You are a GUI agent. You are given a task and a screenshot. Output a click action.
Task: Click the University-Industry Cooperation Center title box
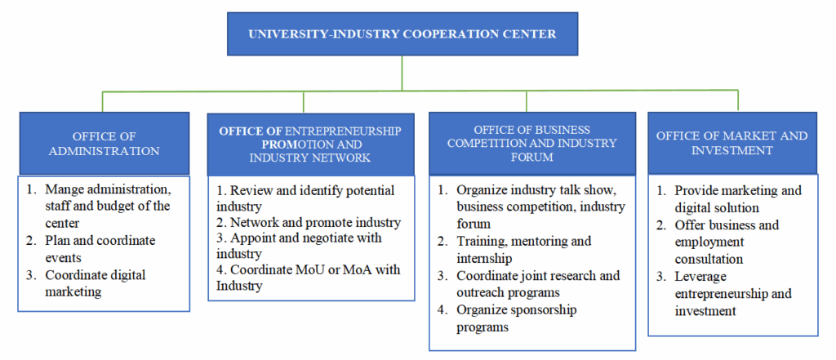[x=402, y=34]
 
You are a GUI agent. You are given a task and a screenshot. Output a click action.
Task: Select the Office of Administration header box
[x=104, y=144]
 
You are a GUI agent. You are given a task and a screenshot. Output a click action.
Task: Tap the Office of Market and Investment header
[x=732, y=143]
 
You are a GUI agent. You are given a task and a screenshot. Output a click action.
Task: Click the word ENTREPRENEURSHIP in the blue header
[x=343, y=131]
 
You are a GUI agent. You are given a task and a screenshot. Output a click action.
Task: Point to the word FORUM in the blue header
[x=531, y=158]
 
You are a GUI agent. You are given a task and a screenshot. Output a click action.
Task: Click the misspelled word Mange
[x=63, y=189]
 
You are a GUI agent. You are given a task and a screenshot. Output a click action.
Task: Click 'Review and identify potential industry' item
[x=305, y=198]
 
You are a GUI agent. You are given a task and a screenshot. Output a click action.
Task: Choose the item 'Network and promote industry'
[x=309, y=222]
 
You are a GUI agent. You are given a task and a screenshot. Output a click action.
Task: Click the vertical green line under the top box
[x=402, y=73]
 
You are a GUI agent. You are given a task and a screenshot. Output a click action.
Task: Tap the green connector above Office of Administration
[x=102, y=102]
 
